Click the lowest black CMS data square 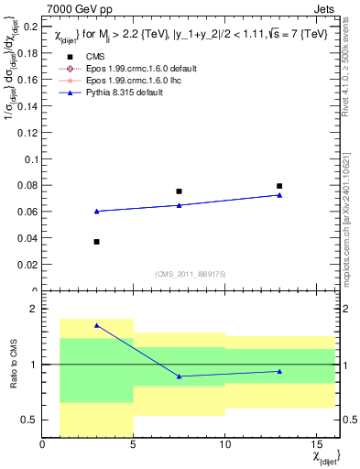pyautogui.click(x=97, y=242)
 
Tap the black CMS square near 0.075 pyautogui.click(x=179, y=191)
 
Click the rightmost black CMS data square pyautogui.click(x=279, y=186)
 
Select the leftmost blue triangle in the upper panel pyautogui.click(x=97, y=212)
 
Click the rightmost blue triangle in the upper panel pyautogui.click(x=279, y=195)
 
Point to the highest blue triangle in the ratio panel pyautogui.click(x=97, y=325)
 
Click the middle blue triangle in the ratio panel pyautogui.click(x=179, y=376)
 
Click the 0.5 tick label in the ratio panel pyautogui.click(x=28, y=420)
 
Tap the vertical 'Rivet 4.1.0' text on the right pyautogui.click(x=351, y=73)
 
